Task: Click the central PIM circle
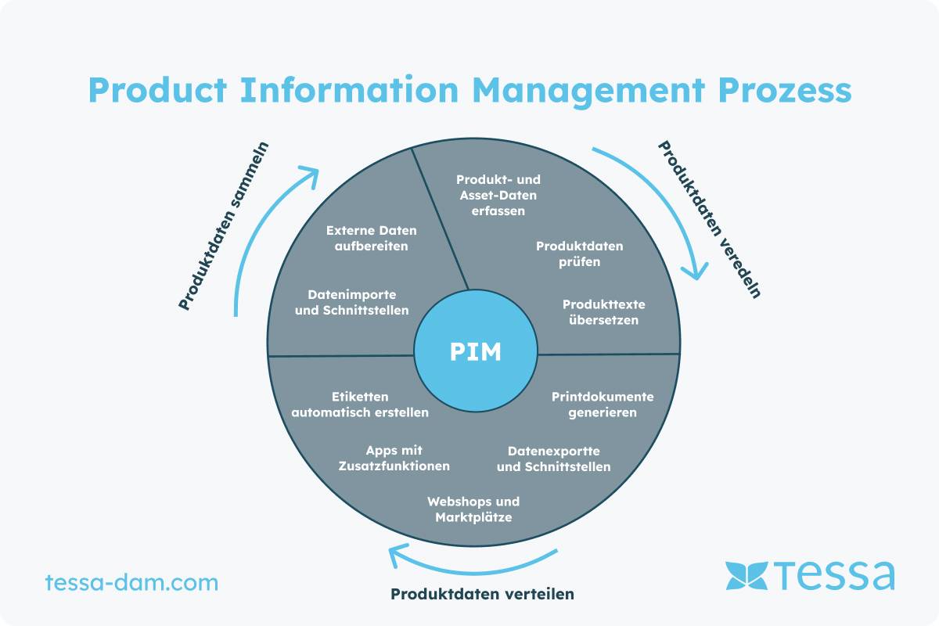tap(475, 352)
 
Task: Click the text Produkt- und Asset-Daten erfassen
tap(498, 195)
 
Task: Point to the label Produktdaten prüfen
tap(580, 254)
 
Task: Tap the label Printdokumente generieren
tap(603, 404)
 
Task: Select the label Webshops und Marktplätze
tap(473, 509)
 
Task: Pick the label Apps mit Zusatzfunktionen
tap(394, 458)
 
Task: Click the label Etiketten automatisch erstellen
tap(360, 404)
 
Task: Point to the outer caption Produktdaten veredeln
tap(709, 219)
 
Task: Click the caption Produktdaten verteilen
tap(482, 594)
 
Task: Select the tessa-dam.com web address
tap(131, 583)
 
